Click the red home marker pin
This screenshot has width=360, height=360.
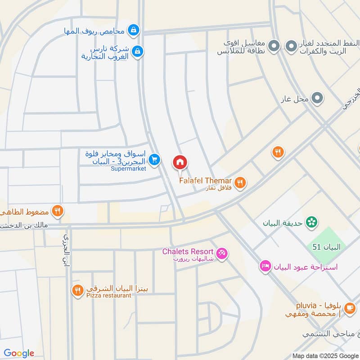180,162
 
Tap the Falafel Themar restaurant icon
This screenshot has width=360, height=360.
241,182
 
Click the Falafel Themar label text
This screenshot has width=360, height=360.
205,180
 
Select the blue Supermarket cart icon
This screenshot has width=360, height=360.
155,160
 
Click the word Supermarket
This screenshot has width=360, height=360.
129,169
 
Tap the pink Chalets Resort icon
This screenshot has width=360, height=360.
222,254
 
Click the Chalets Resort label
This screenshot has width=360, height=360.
188,251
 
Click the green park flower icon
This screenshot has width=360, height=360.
311,222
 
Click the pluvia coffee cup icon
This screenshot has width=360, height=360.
349,308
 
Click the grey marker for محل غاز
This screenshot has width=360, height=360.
318,98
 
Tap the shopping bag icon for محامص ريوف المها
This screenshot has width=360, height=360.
133,31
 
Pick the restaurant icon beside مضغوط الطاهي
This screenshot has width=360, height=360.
57,211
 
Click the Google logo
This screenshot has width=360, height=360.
19,353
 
